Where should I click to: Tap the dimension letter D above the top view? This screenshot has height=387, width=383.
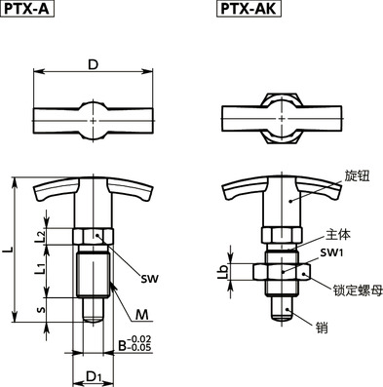[x=93, y=64]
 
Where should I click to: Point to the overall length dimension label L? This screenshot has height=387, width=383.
[x=9, y=251]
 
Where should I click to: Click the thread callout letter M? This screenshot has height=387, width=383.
[x=142, y=314]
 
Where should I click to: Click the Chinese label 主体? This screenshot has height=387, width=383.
[x=337, y=234]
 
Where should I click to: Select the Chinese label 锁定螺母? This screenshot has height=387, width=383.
[x=351, y=290]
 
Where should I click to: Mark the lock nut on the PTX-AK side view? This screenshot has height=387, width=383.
[x=282, y=274]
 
